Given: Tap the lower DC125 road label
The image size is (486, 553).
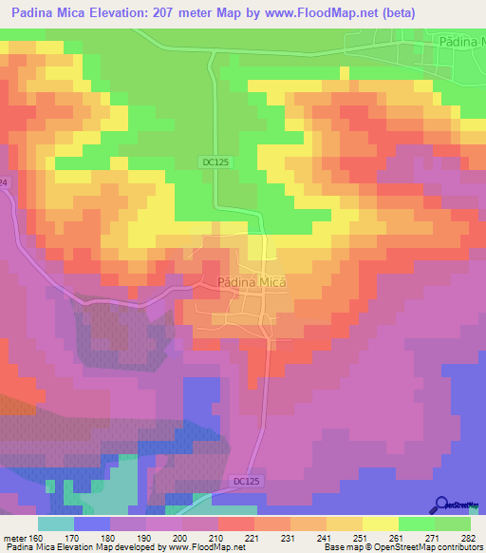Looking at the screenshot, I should pos(245,482).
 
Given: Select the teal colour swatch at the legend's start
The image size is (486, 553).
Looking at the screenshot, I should pos(56,524).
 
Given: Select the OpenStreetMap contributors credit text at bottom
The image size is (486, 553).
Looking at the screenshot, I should pos(418,548).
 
